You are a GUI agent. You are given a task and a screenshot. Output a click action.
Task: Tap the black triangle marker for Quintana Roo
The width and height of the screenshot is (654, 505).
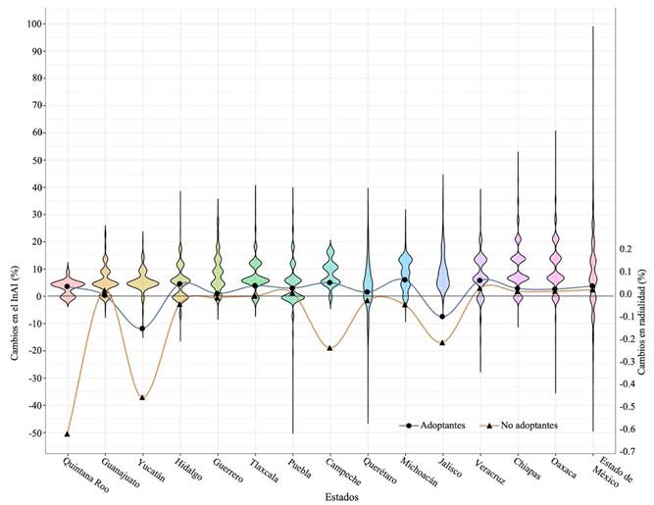[x=68, y=433]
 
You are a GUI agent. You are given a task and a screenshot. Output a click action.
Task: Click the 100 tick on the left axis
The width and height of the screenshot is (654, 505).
[x=35, y=24]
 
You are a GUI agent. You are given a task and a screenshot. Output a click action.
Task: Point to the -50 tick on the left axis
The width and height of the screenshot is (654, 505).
[x=35, y=433]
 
